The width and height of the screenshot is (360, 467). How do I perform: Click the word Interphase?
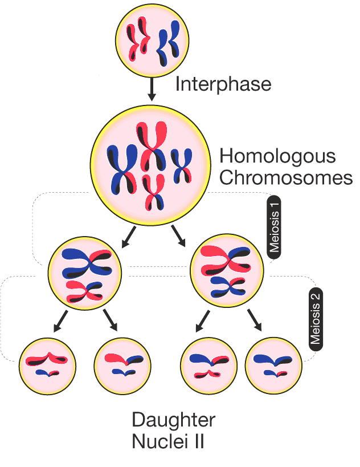coord(223,84)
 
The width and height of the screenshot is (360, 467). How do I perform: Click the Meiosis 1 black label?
coord(275,227)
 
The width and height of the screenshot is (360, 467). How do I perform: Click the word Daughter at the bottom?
coord(173,420)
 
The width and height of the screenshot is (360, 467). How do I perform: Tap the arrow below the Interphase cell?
coord(152,90)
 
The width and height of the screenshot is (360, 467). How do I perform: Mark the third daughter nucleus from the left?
coord(208,364)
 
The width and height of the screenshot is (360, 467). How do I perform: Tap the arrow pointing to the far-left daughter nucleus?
coord(62,320)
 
